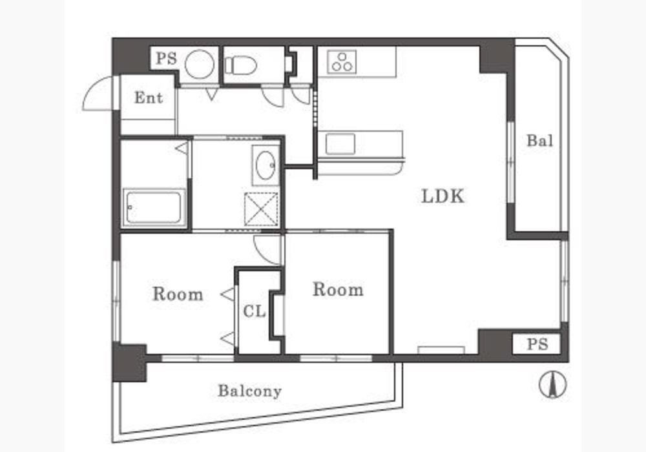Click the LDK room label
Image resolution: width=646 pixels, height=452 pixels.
tap(443, 196)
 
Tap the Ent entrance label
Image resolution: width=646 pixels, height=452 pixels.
tap(149, 98)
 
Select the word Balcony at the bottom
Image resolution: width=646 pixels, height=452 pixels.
tap(249, 391)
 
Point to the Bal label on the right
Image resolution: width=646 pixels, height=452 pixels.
tap(539, 141)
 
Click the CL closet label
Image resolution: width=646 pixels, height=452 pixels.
tap(254, 311)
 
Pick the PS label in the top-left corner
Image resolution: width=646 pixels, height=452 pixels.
tap(167, 59)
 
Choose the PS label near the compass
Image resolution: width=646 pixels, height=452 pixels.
tap(537, 344)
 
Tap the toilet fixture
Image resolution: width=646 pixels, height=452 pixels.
tap(240, 65)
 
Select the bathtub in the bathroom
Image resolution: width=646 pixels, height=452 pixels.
tap(154, 207)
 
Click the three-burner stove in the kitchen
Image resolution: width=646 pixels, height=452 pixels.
tap(342, 62)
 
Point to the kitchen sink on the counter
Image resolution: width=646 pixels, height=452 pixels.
tap(340, 143)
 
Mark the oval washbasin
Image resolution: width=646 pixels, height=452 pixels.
tap(266, 165)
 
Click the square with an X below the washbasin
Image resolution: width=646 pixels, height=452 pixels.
tap(261, 209)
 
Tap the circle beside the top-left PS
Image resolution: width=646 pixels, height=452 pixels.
tap(200, 64)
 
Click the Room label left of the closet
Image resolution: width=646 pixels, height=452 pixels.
tap(178, 294)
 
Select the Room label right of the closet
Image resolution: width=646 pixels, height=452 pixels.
tap(338, 289)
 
